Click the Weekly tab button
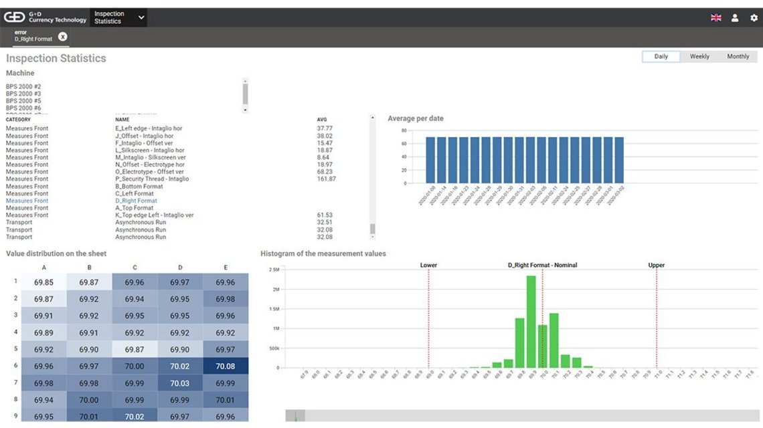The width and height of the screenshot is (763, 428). (x=699, y=57)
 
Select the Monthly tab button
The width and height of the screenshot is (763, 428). (x=738, y=57)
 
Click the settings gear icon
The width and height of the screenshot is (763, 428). (x=754, y=18)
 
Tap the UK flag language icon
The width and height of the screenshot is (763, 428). (x=715, y=18)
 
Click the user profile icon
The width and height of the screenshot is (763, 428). (x=735, y=18)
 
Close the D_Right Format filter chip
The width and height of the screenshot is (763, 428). (x=62, y=37)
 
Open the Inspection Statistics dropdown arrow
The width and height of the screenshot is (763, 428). (x=141, y=18)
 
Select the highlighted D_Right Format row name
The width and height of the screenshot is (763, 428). (x=136, y=201)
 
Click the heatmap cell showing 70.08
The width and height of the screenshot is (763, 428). (x=226, y=366)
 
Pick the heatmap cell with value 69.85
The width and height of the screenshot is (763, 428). (x=44, y=282)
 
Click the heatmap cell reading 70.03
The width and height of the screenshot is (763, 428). (x=180, y=383)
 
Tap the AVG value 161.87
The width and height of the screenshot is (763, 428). (x=326, y=179)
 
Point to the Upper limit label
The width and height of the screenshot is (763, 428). (x=656, y=265)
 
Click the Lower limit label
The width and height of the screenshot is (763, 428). (x=428, y=265)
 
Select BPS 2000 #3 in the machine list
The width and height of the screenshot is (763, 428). (x=23, y=94)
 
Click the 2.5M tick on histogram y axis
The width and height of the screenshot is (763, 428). (x=274, y=270)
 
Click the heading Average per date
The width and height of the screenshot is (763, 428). (x=415, y=118)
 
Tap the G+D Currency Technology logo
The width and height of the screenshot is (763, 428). (x=46, y=17)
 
